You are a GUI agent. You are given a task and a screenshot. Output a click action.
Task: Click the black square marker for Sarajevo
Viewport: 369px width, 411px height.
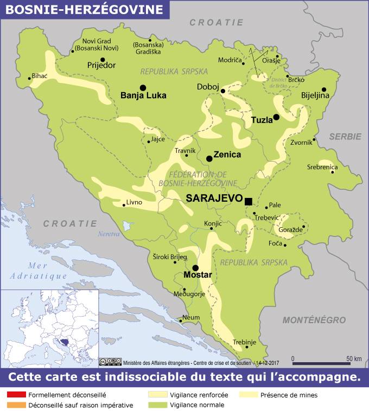(x=249, y=202)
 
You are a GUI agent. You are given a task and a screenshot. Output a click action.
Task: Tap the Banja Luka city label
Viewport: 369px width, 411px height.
(x=143, y=96)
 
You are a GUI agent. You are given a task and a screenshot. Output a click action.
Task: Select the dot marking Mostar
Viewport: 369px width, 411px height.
(x=195, y=268)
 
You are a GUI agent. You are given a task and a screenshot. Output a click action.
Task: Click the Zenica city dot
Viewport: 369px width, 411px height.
(x=209, y=158)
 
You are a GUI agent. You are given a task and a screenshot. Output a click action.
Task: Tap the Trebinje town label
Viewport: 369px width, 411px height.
(x=244, y=342)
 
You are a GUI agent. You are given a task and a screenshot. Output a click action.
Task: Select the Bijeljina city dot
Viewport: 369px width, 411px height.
(x=324, y=90)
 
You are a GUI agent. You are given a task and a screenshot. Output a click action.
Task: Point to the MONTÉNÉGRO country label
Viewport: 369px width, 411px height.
(x=314, y=320)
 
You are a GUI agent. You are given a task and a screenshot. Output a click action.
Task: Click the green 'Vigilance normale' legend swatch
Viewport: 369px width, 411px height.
(x=157, y=405)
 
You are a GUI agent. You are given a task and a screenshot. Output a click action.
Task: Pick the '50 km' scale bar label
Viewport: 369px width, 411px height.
(x=354, y=359)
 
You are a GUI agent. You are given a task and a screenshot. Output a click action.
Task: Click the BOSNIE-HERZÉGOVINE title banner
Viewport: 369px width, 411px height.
(x=84, y=9)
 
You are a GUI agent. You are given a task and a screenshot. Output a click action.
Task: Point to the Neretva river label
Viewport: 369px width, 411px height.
(x=107, y=234)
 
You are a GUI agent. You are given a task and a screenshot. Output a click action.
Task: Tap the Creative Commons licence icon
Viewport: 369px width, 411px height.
(x=110, y=362)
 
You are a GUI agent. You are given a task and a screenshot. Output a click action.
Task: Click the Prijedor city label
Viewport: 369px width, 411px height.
(x=101, y=66)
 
